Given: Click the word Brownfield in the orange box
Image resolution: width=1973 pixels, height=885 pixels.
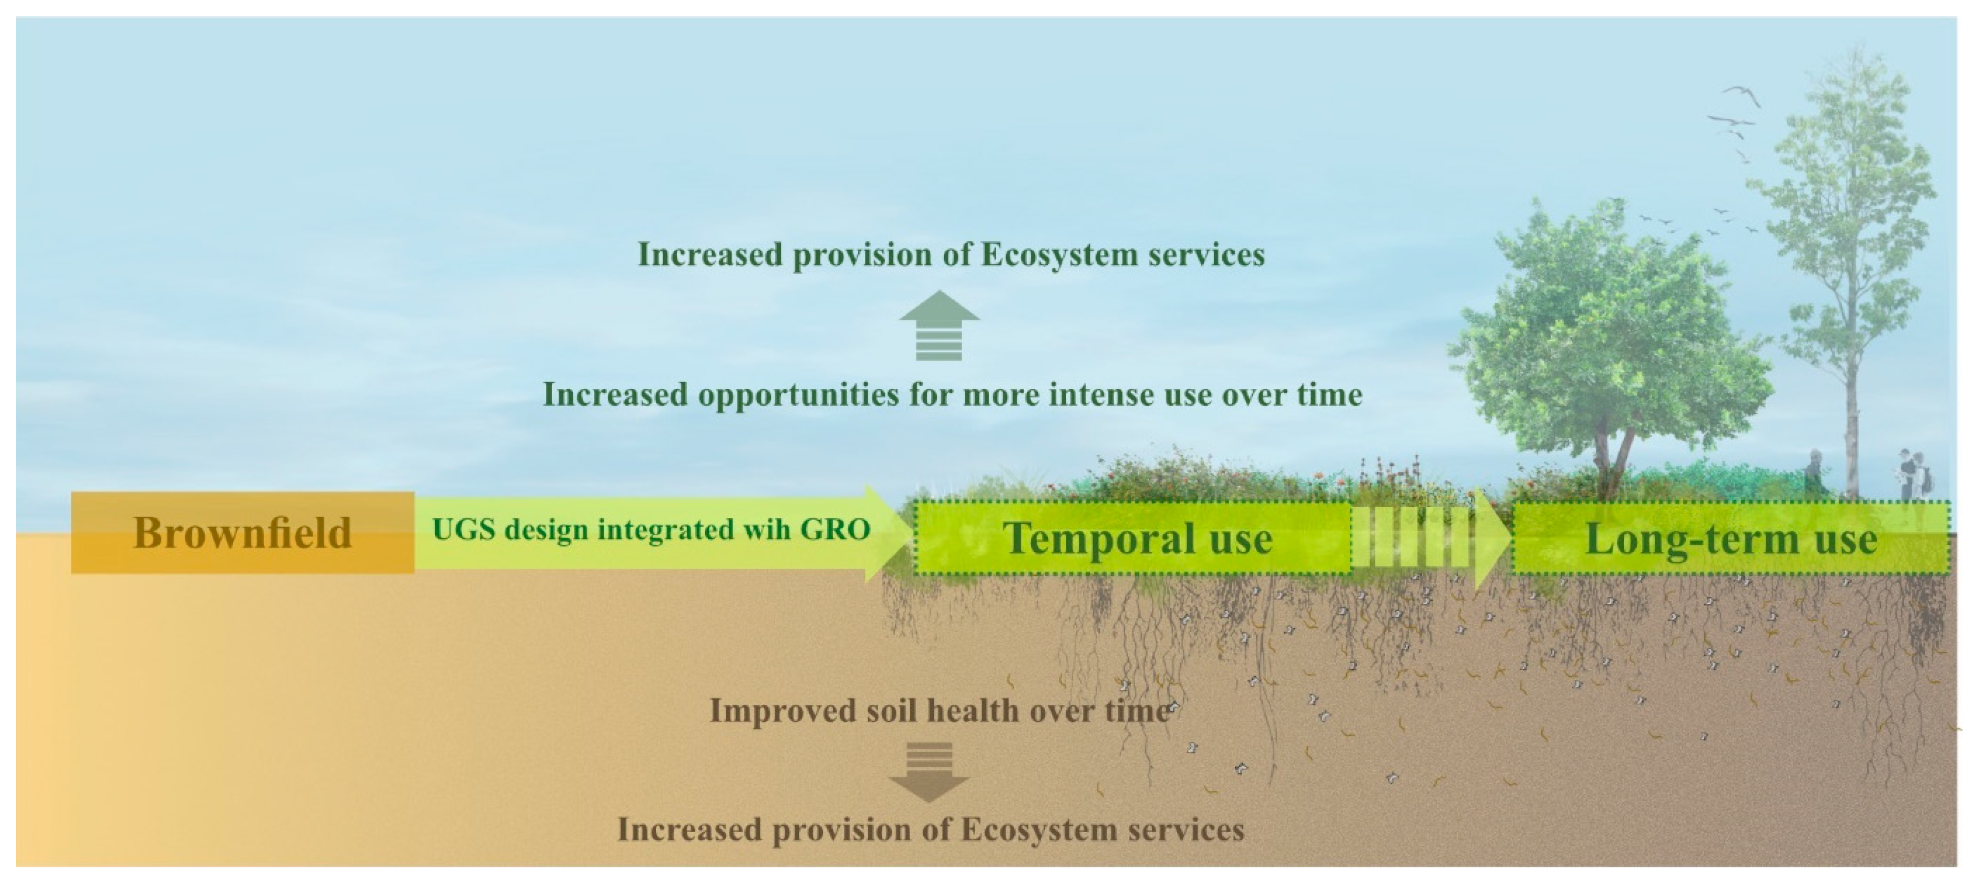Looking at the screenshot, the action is [242, 533].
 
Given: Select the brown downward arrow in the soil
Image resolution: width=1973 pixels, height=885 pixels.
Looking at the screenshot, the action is [929, 772].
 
